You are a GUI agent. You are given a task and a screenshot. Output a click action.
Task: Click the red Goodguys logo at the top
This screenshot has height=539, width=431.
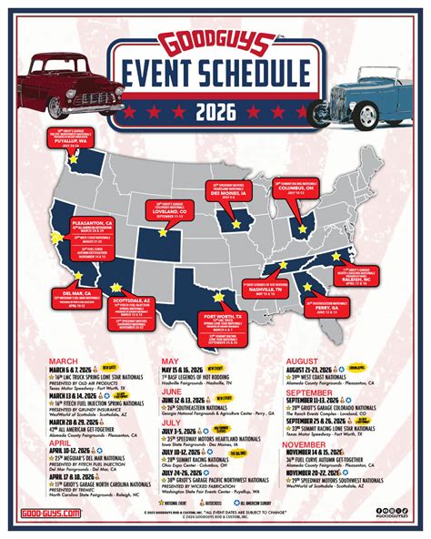[215, 45]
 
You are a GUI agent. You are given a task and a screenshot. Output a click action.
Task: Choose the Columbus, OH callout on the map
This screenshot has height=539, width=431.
[297, 188]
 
